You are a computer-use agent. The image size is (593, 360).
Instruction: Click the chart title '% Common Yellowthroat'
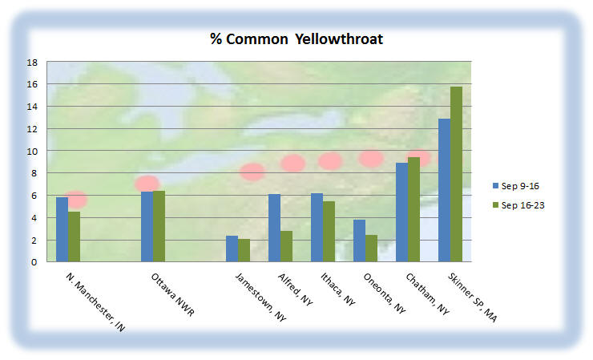[296, 39]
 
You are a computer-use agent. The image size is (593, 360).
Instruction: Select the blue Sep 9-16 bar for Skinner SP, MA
[445, 190]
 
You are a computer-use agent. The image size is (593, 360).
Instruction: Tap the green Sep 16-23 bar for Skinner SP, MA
[457, 174]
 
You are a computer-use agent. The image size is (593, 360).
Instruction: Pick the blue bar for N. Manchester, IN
[62, 229]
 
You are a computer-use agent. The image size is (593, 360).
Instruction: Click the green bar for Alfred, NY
[286, 246]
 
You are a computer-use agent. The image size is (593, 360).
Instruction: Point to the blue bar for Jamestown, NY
[232, 249]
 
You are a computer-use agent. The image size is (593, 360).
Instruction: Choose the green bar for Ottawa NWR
[159, 226]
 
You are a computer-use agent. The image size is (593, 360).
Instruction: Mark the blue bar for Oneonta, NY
[359, 241]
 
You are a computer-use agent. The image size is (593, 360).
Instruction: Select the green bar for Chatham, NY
[413, 209]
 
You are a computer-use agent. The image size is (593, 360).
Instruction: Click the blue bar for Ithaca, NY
[317, 228]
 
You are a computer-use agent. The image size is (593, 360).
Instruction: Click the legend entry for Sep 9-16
[516, 186]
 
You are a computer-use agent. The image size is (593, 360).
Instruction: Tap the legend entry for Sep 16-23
[518, 205]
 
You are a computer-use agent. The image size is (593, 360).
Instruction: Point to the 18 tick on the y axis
[33, 62]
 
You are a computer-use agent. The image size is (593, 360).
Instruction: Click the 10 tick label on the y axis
[33, 152]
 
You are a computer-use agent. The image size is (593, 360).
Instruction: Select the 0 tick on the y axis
[34, 262]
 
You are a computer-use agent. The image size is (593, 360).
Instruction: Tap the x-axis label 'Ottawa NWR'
[173, 294]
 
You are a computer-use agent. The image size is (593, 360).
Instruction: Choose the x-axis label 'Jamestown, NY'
[260, 297]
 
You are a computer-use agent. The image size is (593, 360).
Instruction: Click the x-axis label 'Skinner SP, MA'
[472, 297]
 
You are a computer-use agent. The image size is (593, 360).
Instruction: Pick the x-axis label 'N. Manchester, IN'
[95, 302]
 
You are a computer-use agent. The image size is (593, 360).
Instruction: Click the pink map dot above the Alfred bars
[292, 163]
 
